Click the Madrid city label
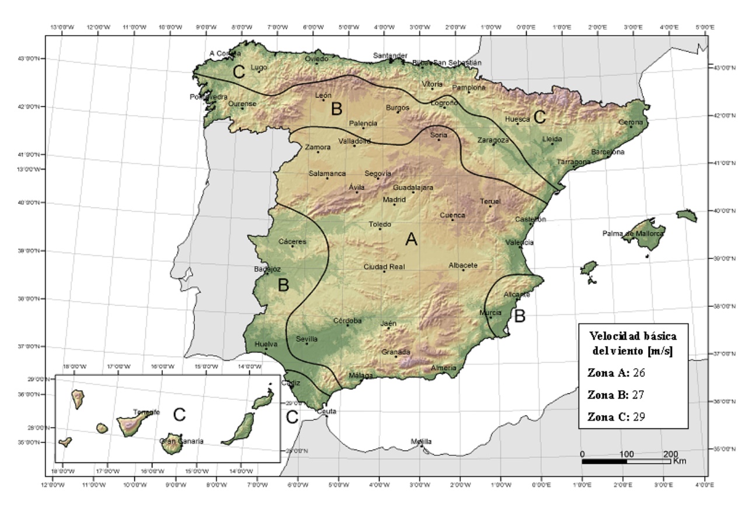394,199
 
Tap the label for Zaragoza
493,140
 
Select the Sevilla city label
307,338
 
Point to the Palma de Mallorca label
633,234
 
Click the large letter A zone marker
411,239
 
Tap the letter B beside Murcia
519,316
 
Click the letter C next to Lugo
238,72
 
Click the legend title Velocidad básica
633,336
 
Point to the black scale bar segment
604,461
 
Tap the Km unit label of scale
679,461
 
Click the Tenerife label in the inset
147,412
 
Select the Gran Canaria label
182,441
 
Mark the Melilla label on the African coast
421,441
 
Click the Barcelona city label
607,152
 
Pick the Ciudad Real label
384,267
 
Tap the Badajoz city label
267,269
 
